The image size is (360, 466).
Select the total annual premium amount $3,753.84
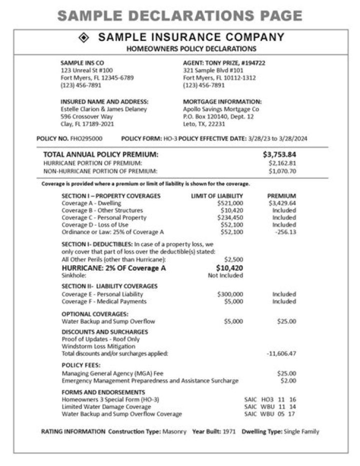tap(279, 154)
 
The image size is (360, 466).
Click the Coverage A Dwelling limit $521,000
tap(230, 203)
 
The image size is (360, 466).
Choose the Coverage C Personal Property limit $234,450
tap(230, 218)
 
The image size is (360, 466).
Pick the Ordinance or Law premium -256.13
tap(285, 232)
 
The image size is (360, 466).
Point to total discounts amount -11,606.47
tap(281, 353)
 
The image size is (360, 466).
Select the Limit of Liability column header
tap(217, 196)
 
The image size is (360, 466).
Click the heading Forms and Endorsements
tap(103, 392)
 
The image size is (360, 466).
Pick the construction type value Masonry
tap(174, 431)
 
